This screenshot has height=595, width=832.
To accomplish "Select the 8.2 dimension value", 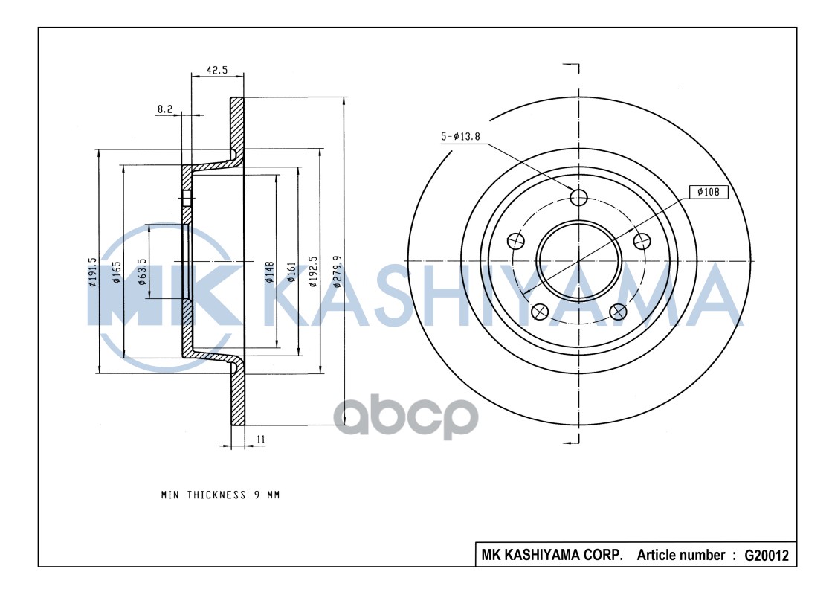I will (164, 109).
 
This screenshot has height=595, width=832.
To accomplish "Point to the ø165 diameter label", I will (117, 272).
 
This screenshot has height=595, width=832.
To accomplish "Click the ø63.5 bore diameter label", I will (141, 271).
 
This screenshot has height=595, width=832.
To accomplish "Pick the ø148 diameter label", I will (269, 271).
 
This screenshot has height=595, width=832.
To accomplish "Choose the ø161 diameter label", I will (291, 271).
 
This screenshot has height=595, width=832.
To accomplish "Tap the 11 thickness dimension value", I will (261, 440).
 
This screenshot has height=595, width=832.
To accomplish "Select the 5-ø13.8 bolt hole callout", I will (462, 136).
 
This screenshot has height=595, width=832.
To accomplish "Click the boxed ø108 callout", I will (708, 192).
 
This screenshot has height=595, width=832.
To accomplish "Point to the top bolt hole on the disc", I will (578, 196).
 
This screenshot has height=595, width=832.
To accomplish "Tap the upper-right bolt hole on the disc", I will (641, 240).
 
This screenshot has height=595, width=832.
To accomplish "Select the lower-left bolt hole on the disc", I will (540, 312).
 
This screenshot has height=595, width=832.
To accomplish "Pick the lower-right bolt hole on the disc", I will (617, 312).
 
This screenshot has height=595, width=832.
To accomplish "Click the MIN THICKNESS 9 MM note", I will (220, 494).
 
